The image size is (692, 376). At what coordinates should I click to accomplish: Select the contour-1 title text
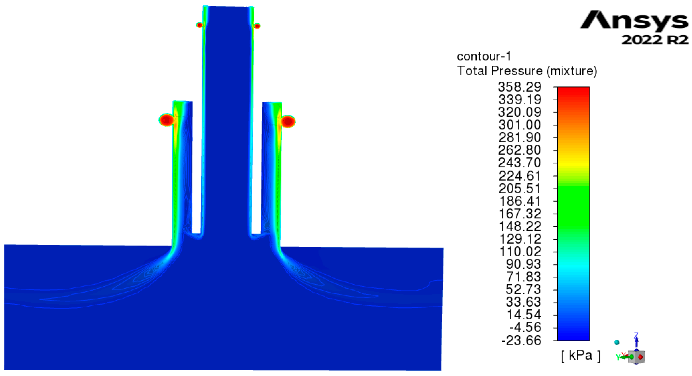484,56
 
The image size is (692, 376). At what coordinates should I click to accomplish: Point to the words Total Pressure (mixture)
527,71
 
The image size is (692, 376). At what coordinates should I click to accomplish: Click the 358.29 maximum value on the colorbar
520,87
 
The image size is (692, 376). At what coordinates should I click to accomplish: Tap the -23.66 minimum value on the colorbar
521,340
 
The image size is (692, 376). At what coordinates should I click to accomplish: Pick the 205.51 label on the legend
520,188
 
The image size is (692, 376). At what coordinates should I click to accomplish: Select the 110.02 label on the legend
520,252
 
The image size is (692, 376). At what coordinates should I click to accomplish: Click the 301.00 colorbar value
520,125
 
